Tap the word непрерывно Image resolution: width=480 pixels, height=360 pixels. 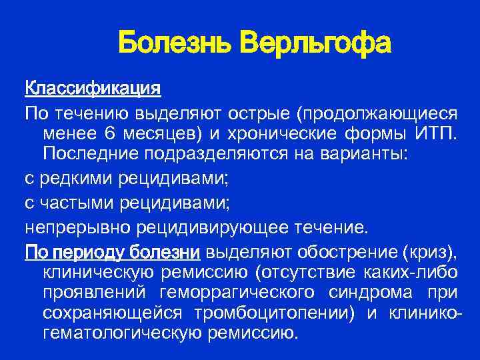(79, 229)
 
